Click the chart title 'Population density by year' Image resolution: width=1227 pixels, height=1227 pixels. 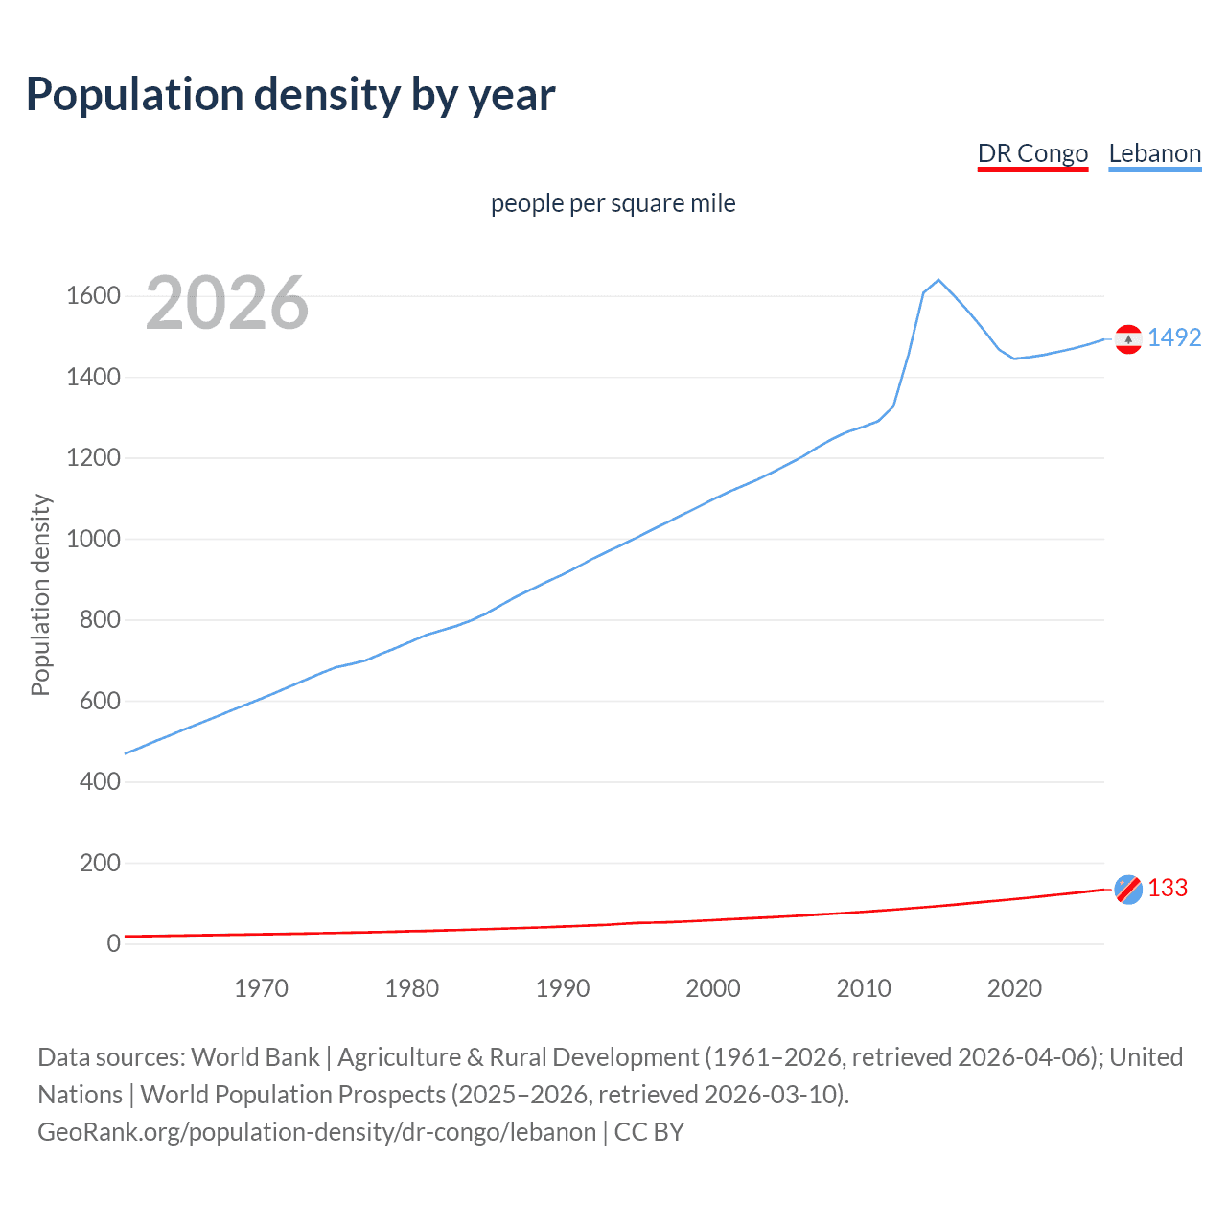[x=290, y=95]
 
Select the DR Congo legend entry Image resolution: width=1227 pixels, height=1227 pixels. [x=1032, y=153]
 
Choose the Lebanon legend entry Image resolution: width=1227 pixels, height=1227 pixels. [x=1154, y=153]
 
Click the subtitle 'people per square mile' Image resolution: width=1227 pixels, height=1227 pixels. [x=613, y=203]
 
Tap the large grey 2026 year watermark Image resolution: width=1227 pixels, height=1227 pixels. [x=227, y=303]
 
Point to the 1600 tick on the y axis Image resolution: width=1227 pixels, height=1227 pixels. [x=93, y=295]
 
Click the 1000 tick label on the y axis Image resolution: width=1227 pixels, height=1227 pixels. [x=93, y=539]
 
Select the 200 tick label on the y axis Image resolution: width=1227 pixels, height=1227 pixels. [x=100, y=863]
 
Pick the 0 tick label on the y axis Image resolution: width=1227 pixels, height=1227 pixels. [x=114, y=944]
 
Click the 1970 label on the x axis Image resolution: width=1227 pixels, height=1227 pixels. [x=261, y=988]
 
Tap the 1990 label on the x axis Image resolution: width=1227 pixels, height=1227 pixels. [x=563, y=988]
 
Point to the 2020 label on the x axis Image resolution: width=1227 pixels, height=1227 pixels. [x=1014, y=988]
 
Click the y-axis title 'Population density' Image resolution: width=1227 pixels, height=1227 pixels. [x=40, y=594]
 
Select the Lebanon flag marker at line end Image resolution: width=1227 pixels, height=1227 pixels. [x=1128, y=339]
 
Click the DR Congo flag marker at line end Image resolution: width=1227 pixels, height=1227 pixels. [x=1128, y=890]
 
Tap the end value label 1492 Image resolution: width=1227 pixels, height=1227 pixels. [x=1174, y=337]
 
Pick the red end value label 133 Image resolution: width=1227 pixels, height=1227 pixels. [x=1168, y=888]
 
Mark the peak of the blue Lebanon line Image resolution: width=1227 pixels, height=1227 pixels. [x=938, y=280]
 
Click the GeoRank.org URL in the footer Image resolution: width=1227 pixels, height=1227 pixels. [x=316, y=1131]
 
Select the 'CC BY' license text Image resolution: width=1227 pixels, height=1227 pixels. [x=649, y=1131]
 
